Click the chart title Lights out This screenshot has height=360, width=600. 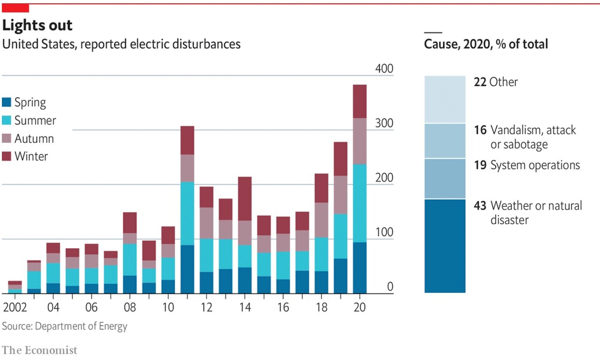click(x=37, y=25)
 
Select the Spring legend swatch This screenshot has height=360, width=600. click(x=7, y=103)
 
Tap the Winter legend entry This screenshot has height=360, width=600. click(x=31, y=157)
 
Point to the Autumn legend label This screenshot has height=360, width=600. click(x=34, y=139)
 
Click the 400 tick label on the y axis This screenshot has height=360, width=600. click(x=384, y=69)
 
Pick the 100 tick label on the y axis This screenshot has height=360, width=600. click(x=384, y=233)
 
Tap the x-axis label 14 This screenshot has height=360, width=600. click(x=244, y=307)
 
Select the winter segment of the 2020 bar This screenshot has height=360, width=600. click(x=359, y=101)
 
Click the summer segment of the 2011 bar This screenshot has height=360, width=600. click(x=187, y=213)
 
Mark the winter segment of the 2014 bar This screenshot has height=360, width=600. click(x=244, y=199)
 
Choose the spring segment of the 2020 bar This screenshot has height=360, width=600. click(x=359, y=268)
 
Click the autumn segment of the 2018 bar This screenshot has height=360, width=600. click(x=321, y=220)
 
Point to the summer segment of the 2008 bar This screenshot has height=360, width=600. click(x=130, y=260)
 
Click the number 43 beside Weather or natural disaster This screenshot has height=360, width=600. click(x=480, y=206)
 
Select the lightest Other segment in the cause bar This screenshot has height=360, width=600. click(x=445, y=99)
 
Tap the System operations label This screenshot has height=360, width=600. click(x=535, y=165)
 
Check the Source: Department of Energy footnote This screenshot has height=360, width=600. click(x=65, y=326)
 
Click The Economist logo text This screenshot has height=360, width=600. click(x=39, y=350)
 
